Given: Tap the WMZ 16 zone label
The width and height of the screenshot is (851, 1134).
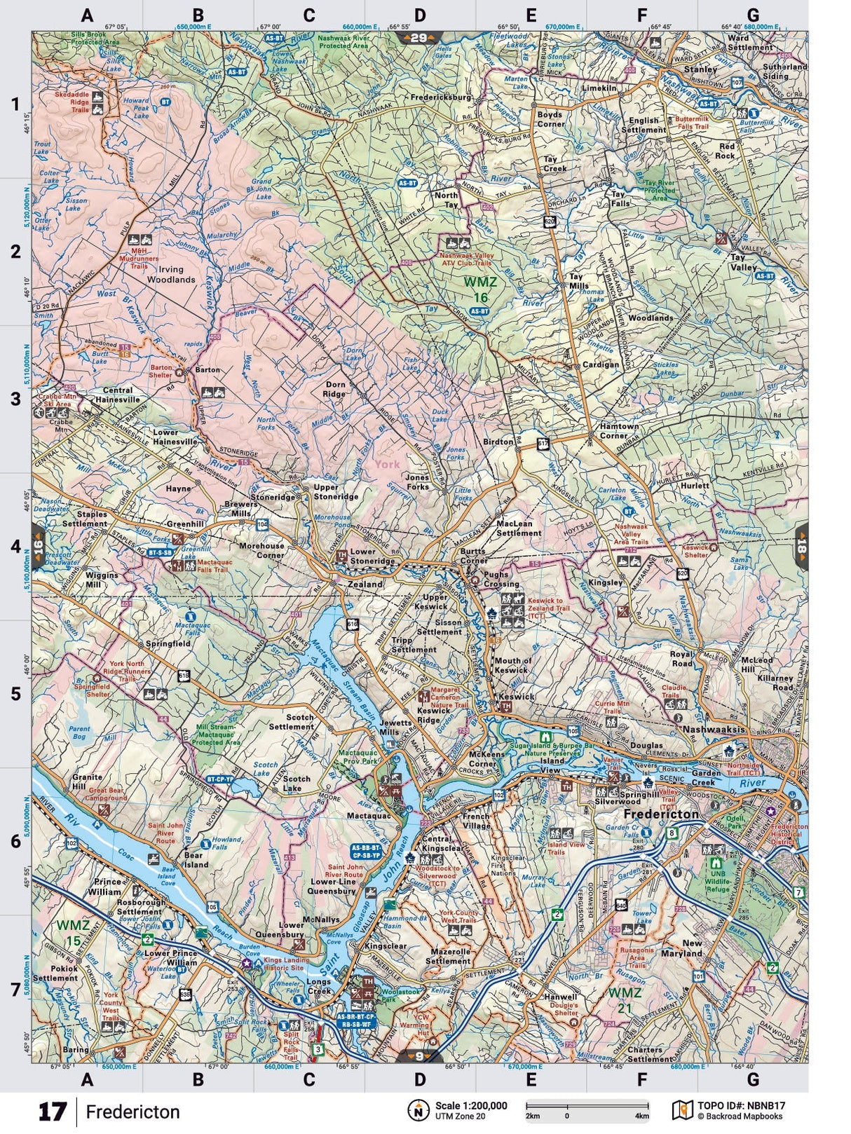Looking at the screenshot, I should point(480,289).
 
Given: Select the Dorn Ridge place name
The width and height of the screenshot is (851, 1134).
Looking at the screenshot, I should point(335,389).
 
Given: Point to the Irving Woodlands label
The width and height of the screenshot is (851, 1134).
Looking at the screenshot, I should point(171,274).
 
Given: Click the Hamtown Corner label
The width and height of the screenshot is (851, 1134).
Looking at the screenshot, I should point(619,430).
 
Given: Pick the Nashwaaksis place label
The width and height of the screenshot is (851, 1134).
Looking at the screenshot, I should point(712,730).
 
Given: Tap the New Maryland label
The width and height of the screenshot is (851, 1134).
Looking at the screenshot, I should point(682,948).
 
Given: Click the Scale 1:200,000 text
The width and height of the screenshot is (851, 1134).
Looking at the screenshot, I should point(470,1105).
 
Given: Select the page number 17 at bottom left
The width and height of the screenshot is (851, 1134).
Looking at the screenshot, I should point(52,1112).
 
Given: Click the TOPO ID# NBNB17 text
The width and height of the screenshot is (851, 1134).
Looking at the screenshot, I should point(741,1105).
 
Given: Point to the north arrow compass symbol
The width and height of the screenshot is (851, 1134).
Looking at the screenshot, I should point(418,1110).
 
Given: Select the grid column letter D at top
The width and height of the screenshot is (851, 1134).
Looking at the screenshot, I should point(419,15).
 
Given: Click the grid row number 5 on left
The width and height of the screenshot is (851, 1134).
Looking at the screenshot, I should point(15,693).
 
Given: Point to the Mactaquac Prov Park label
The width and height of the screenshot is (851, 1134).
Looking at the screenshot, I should point(358,756).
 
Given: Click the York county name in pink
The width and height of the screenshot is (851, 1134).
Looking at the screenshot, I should point(386,464).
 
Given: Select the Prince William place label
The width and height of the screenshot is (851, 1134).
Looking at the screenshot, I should point(104,887).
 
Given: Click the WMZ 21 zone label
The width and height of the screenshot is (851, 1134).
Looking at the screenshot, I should point(625,999).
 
